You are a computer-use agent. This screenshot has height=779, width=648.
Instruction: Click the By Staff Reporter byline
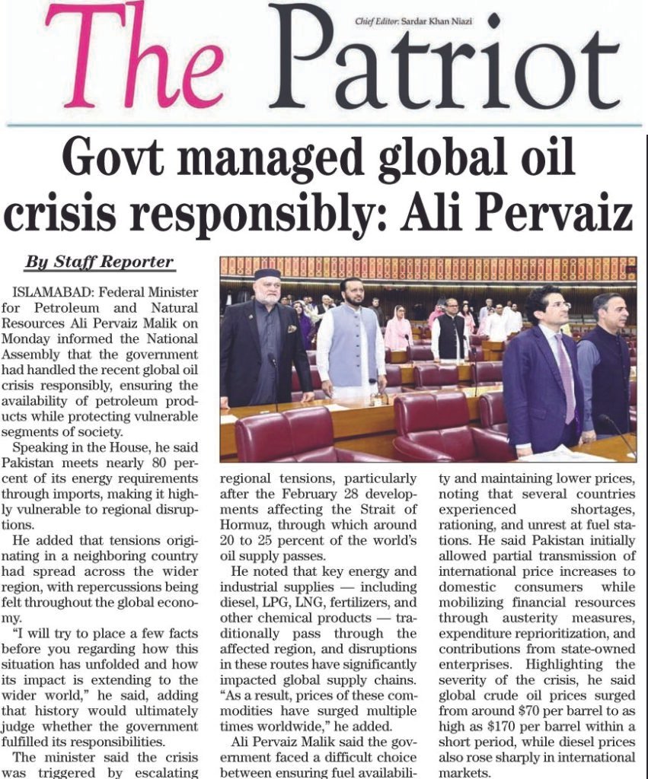pos(100,262)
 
